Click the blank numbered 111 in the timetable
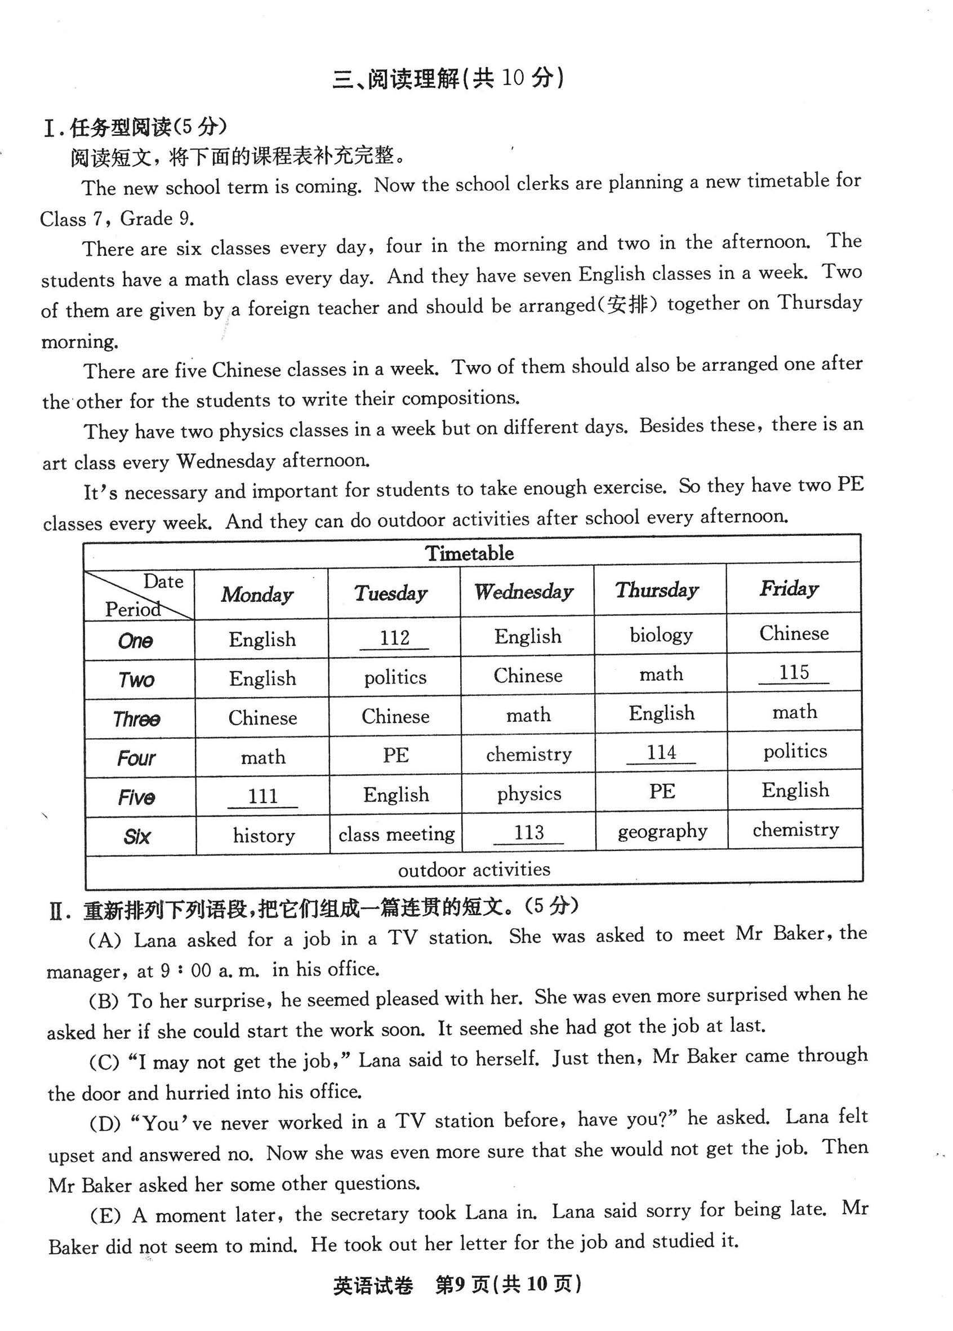pyautogui.click(x=262, y=796)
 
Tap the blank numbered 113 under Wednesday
pyautogui.click(x=528, y=833)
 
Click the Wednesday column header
pyautogui.click(x=524, y=592)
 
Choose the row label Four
pyautogui.click(x=136, y=758)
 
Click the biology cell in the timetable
pyautogui.click(x=661, y=635)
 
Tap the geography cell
pyautogui.click(x=662, y=832)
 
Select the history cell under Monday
pyautogui.click(x=264, y=835)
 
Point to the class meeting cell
pyautogui.click(x=397, y=834)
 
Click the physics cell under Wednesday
pyautogui.click(x=529, y=793)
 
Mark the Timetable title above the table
pyautogui.click(x=469, y=553)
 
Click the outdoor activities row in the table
pyautogui.click(x=474, y=869)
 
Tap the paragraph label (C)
pyautogui.click(x=104, y=1062)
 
